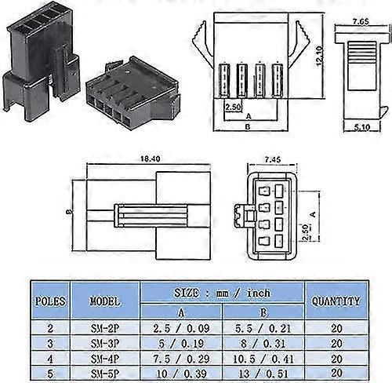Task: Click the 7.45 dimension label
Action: tap(270, 160)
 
